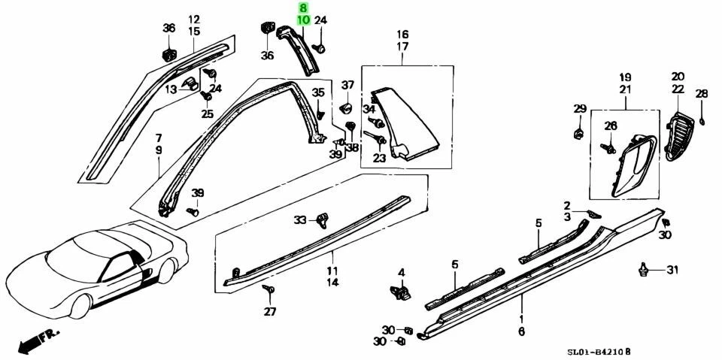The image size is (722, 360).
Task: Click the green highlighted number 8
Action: pyautogui.click(x=303, y=7)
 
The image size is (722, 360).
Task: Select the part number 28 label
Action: pyautogui.click(x=701, y=94)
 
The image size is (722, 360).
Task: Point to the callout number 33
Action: pyautogui.click(x=300, y=220)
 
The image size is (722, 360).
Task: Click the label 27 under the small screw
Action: pyautogui.click(x=270, y=311)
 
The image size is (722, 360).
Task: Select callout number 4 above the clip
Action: pyautogui.click(x=401, y=272)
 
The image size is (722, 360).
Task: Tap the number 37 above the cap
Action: pyautogui.click(x=347, y=84)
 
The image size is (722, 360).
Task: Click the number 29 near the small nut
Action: pyautogui.click(x=579, y=109)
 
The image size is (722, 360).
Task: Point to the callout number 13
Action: pyautogui.click(x=171, y=89)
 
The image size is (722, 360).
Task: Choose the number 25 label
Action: pyautogui.click(x=207, y=114)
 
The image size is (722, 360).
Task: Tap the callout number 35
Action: pyautogui.click(x=318, y=92)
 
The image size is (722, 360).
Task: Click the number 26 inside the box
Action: pyautogui.click(x=611, y=126)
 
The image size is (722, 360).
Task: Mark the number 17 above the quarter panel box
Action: pyautogui.click(x=402, y=47)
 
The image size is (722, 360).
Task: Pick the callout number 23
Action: pyautogui.click(x=379, y=159)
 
